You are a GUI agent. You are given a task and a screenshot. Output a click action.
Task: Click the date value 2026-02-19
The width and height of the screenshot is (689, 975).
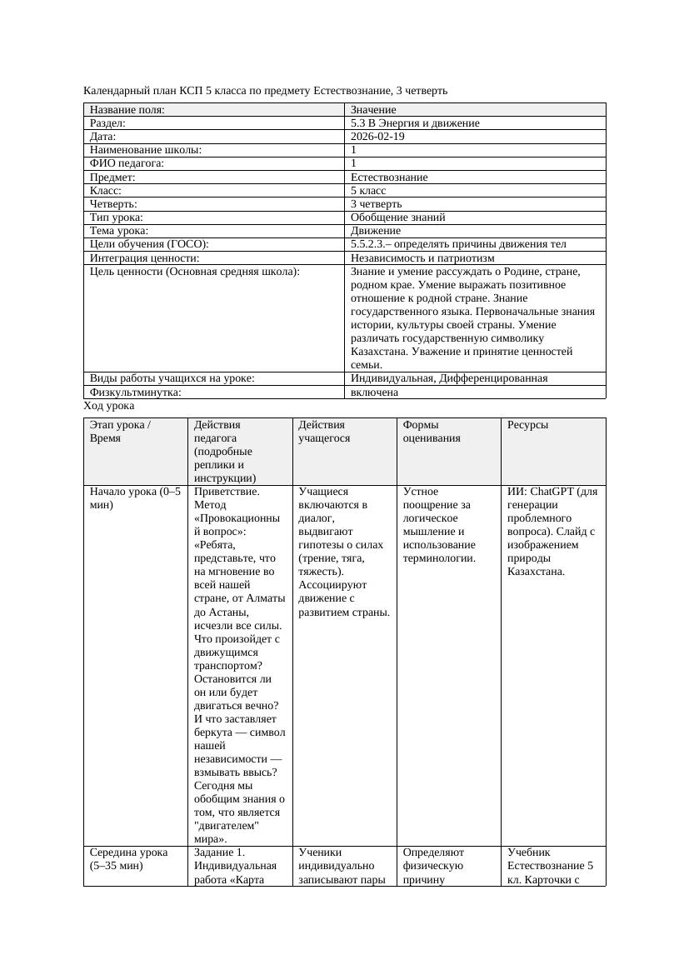377,137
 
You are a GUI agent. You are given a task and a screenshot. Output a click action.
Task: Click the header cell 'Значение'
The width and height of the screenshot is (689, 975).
373,110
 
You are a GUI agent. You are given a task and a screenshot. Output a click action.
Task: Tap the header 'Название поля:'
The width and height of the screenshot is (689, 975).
127,110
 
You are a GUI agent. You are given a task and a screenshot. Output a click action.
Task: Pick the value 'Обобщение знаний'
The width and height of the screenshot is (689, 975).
397,217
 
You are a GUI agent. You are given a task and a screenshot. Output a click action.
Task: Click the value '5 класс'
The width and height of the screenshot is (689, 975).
368,191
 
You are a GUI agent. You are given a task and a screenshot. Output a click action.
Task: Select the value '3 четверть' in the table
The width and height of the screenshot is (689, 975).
376,204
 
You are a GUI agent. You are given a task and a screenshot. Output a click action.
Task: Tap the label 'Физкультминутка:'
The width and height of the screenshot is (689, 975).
135,392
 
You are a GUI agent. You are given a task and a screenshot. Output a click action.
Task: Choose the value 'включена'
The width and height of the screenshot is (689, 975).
374,392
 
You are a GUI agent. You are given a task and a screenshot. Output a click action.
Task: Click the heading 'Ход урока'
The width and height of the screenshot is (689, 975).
108,406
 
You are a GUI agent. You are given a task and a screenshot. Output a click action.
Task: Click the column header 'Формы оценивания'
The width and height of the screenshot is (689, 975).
431,431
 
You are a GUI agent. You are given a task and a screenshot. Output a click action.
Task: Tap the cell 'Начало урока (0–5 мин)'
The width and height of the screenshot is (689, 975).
135,498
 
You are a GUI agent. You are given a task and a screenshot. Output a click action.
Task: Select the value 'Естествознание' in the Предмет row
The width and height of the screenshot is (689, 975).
389,177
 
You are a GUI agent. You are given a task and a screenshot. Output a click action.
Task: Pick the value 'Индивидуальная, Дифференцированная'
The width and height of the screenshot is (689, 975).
448,378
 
